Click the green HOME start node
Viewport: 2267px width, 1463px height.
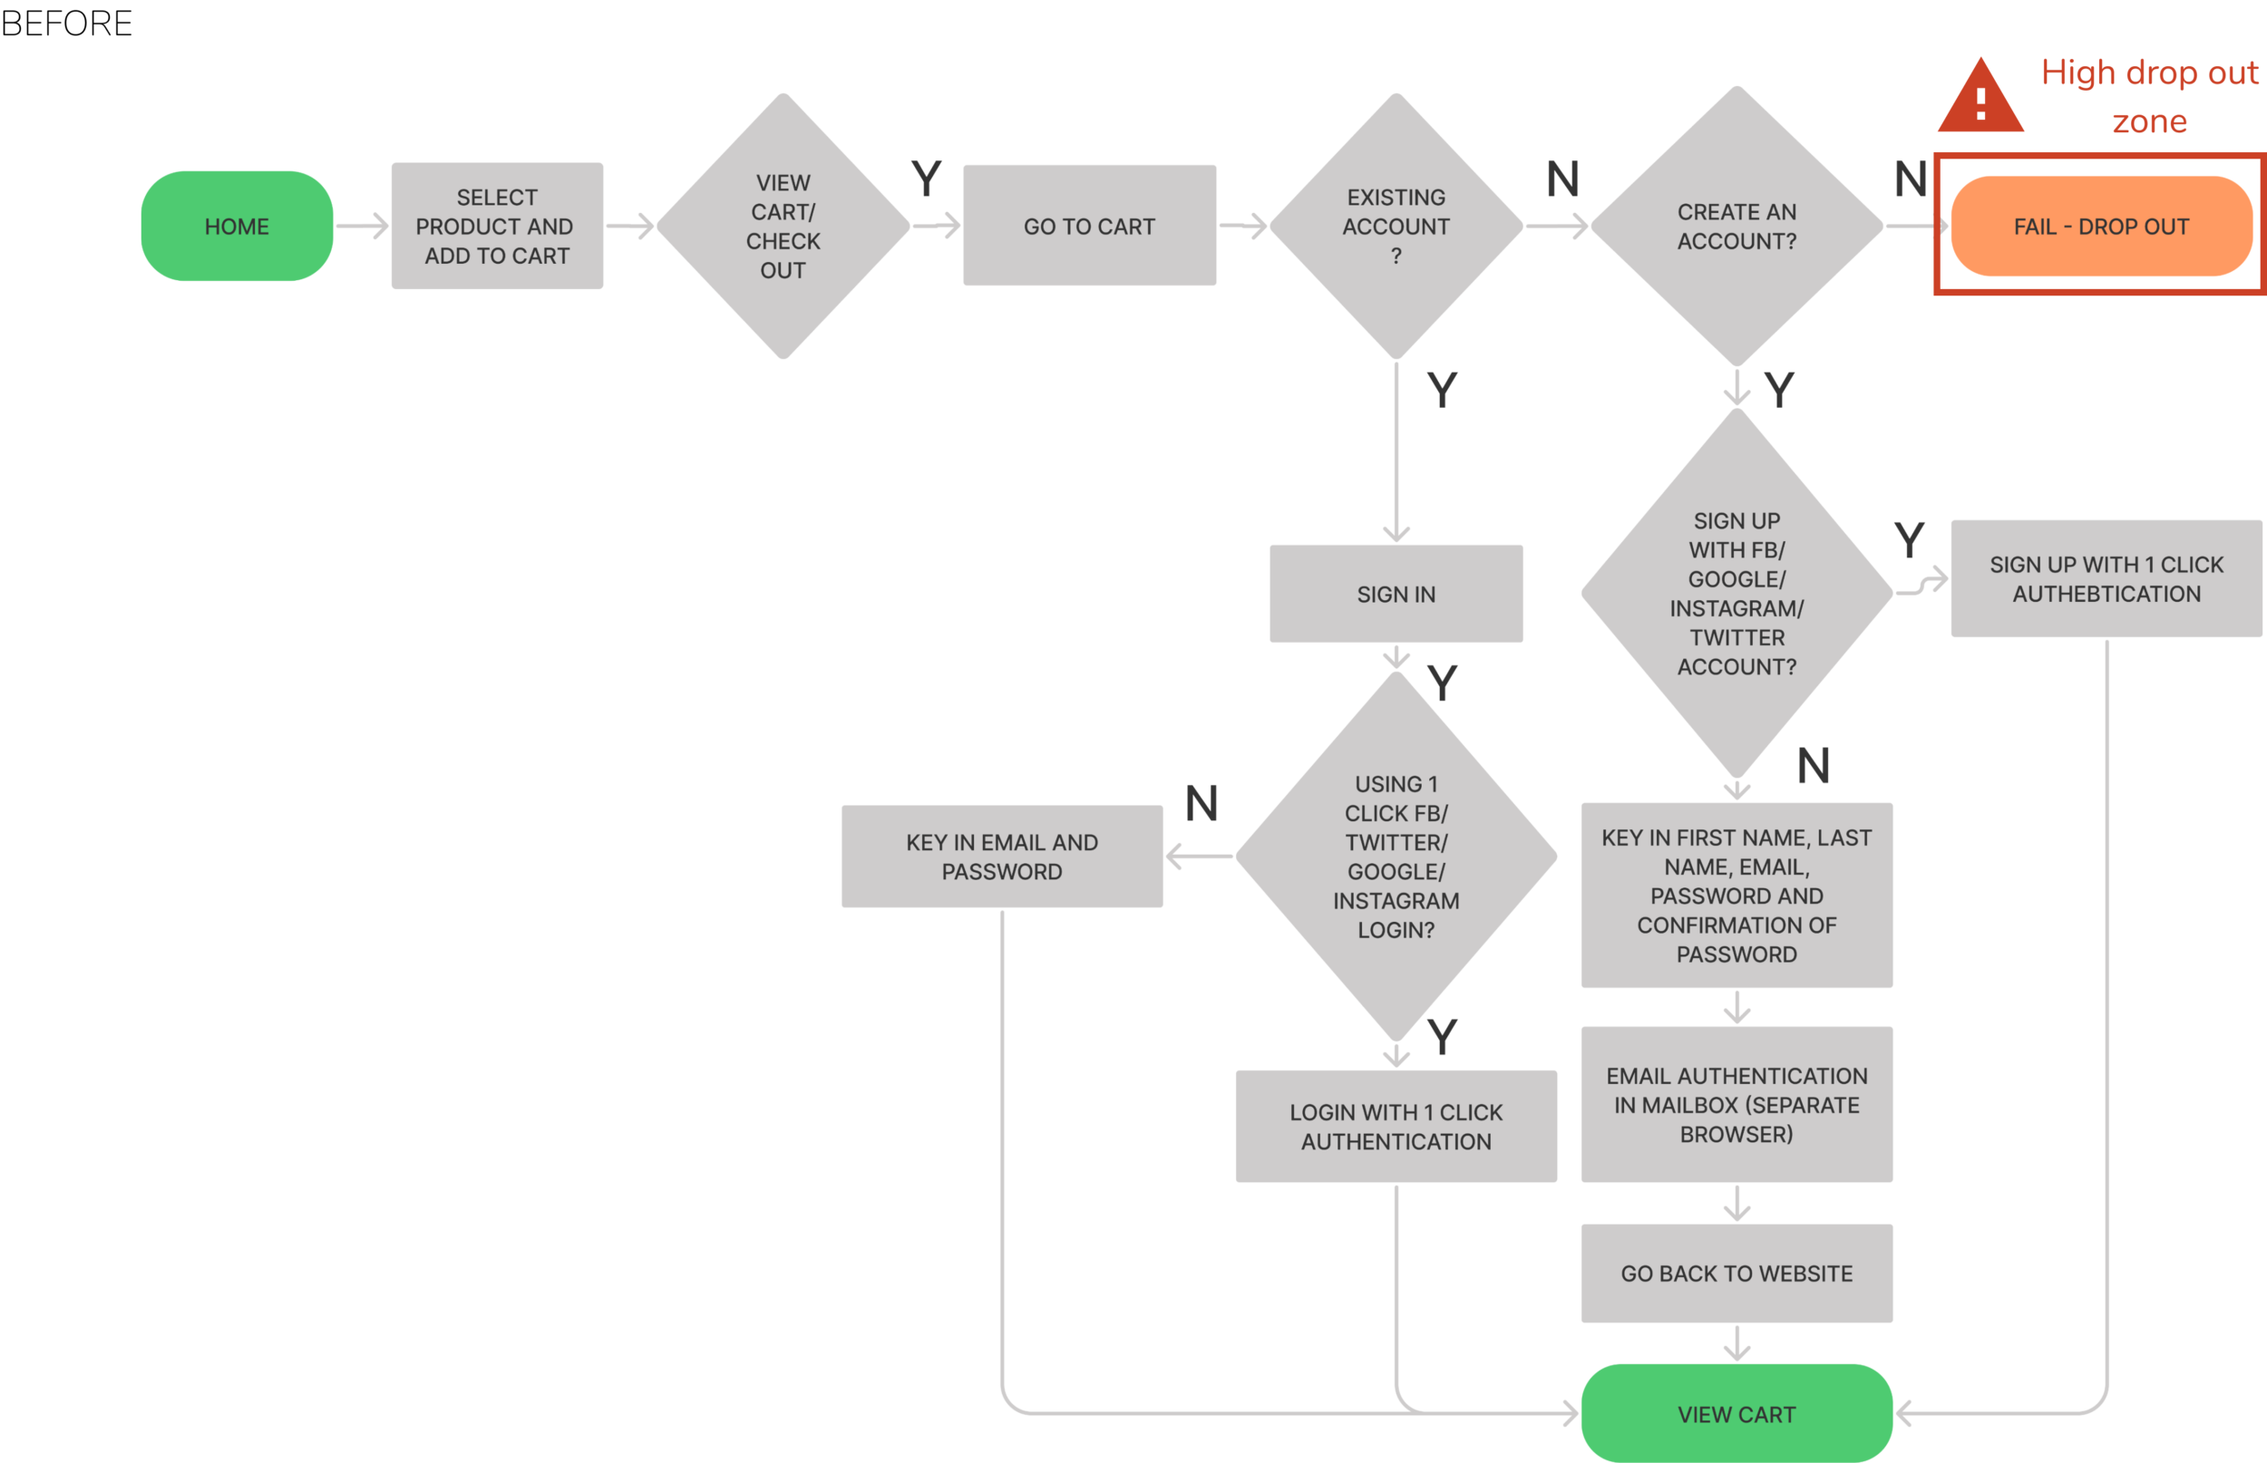(237, 226)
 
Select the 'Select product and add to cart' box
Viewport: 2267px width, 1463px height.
(496, 226)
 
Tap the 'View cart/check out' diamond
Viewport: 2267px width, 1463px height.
(783, 226)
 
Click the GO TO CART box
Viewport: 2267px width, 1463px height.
(1089, 226)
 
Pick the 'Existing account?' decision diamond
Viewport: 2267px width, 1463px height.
(1396, 226)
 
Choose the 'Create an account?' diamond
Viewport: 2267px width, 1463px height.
(1736, 226)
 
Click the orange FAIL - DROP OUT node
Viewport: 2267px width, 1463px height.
(2101, 226)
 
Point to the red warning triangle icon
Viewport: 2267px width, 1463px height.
(1980, 100)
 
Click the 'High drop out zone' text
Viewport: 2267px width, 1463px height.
(2149, 97)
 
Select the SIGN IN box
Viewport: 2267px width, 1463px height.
(1396, 594)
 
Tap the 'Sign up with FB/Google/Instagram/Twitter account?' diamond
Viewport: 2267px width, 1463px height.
(1736, 594)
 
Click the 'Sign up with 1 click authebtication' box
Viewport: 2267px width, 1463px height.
(2106, 578)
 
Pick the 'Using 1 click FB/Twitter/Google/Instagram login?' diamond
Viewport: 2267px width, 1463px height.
(1396, 856)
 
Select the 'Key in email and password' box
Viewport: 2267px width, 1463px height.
(1001, 856)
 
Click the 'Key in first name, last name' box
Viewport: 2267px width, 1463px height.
(1736, 895)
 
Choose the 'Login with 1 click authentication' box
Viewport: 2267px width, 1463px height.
(1396, 1126)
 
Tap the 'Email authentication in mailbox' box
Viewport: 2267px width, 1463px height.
(1736, 1104)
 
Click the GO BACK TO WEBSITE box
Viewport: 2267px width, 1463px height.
(1736, 1273)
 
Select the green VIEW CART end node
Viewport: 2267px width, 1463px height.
(1736, 1414)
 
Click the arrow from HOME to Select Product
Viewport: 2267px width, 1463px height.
(362, 226)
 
